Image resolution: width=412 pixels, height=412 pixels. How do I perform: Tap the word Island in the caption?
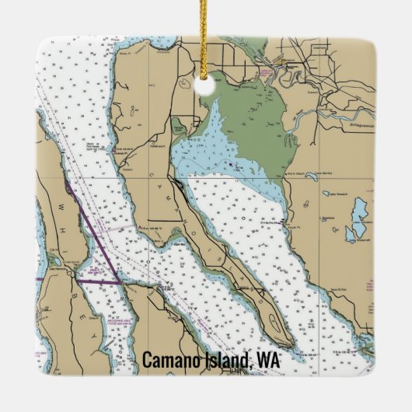pyautogui.click(x=226, y=361)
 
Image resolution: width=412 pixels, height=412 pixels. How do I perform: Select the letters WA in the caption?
pyautogui.click(x=269, y=361)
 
